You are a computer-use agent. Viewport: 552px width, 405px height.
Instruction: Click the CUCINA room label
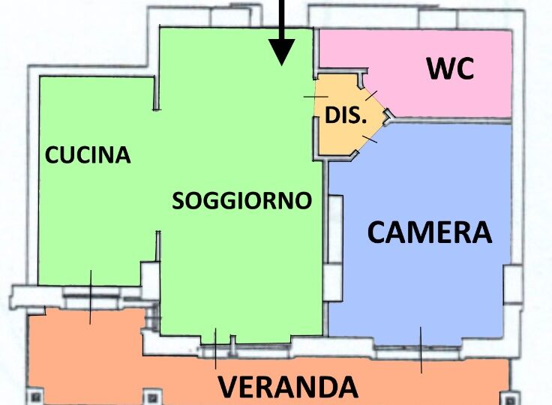[88, 154]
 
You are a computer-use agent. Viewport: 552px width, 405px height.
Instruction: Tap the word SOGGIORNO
[241, 200]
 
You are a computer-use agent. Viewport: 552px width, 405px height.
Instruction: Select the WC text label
[450, 68]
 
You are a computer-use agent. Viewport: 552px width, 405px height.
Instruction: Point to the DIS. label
[346, 115]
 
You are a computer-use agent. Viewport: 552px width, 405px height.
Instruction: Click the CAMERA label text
[430, 232]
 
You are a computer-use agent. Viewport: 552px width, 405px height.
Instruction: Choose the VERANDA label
[288, 387]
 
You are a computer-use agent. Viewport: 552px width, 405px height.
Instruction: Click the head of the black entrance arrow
[282, 52]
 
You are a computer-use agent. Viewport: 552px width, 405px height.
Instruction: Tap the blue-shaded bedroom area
[419, 247]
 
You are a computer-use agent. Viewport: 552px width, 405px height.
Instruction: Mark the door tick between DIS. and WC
[371, 95]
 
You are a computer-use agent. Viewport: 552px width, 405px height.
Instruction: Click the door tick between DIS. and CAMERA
[370, 139]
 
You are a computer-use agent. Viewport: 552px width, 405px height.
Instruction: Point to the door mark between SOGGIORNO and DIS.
[316, 97]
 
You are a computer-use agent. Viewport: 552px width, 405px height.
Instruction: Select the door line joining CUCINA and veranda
[91, 297]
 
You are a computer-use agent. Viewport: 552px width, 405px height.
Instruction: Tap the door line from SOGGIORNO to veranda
[215, 348]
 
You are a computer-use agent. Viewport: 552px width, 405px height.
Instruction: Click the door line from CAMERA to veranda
[421, 349]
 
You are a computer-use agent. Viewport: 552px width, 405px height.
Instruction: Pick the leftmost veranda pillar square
[35, 397]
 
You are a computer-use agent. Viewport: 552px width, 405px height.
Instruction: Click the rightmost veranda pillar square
[509, 399]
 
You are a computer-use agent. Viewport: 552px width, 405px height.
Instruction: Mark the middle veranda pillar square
[152, 397]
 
